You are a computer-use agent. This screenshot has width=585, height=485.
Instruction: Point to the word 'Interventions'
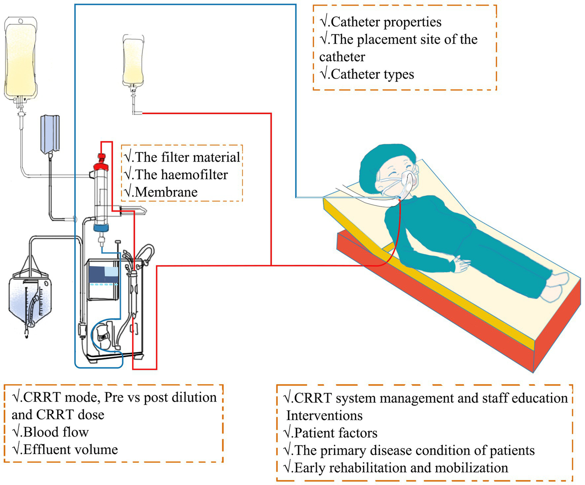point(324,415)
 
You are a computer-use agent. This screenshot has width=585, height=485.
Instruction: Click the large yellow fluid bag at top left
point(21,57)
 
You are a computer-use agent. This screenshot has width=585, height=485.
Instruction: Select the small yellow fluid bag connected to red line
point(133,59)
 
